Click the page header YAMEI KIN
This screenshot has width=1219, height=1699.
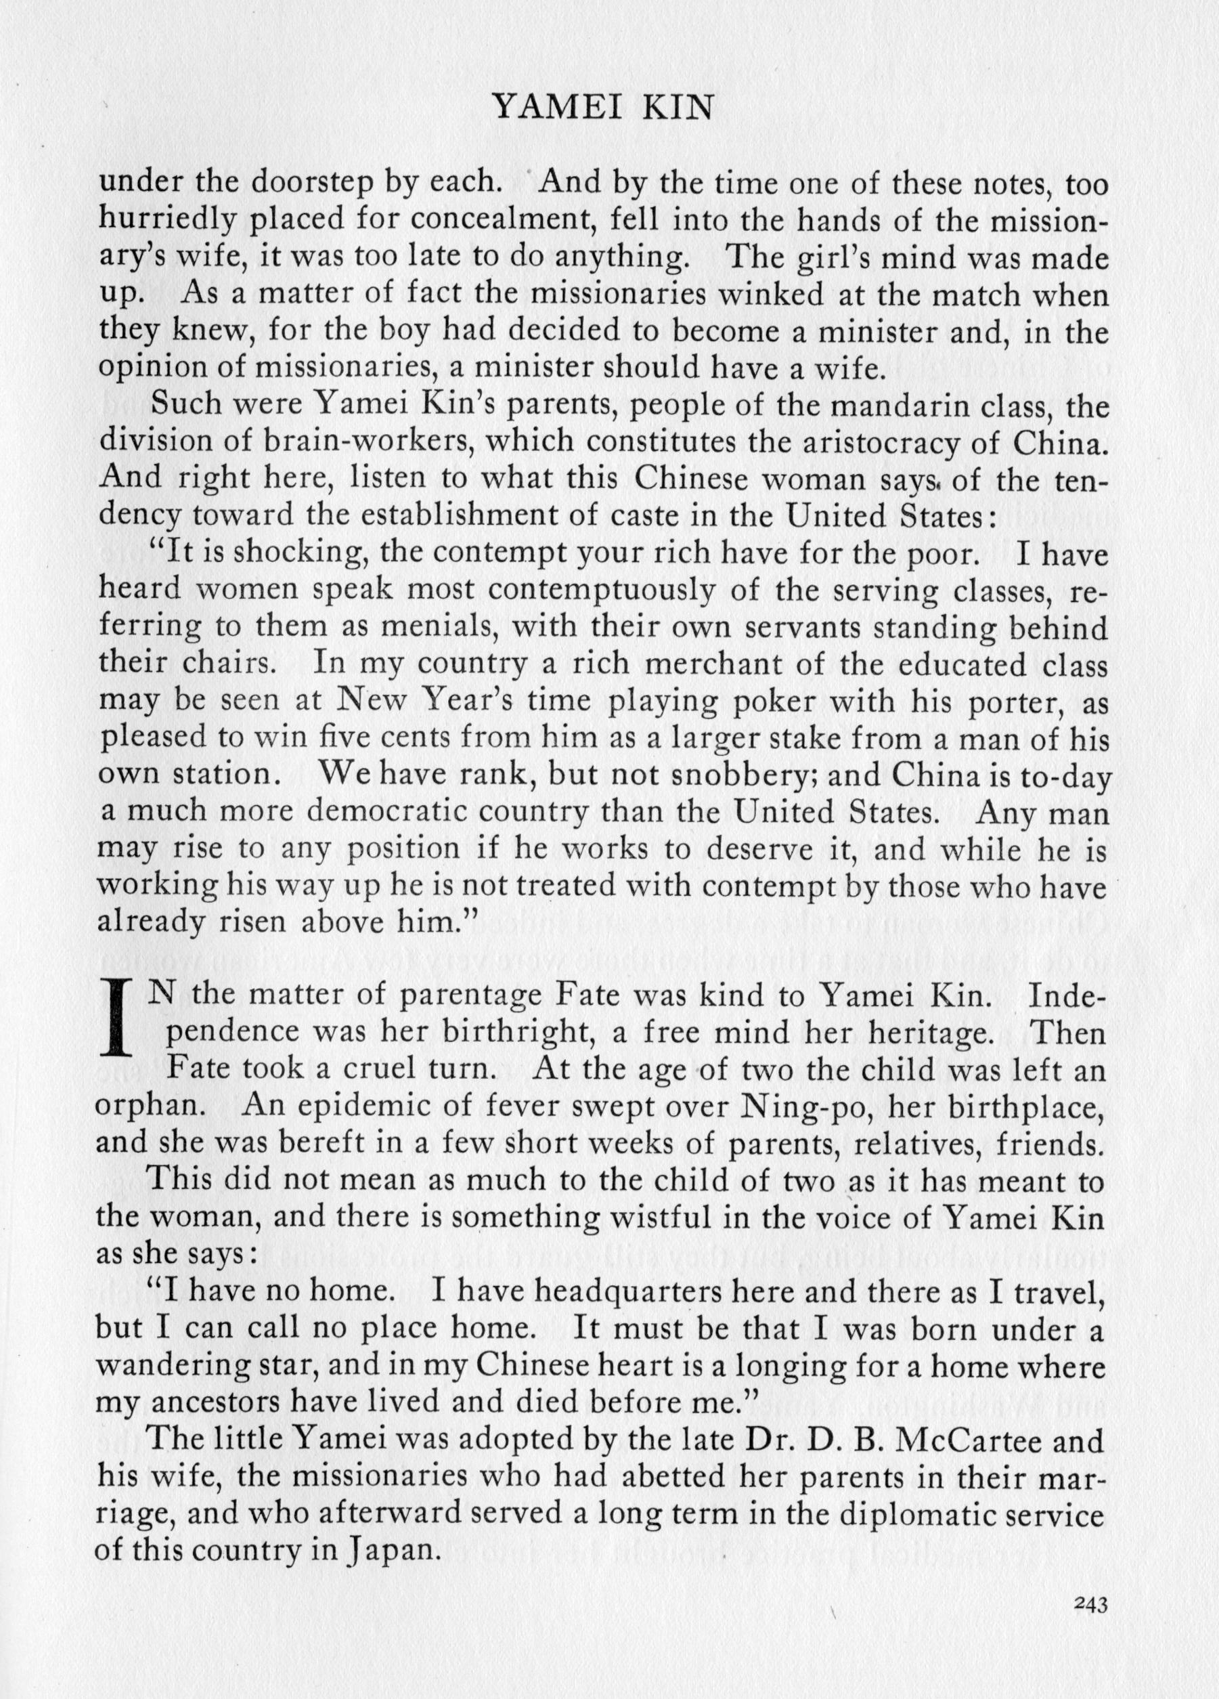[603, 110]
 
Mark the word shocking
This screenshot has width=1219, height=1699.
[294, 554]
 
